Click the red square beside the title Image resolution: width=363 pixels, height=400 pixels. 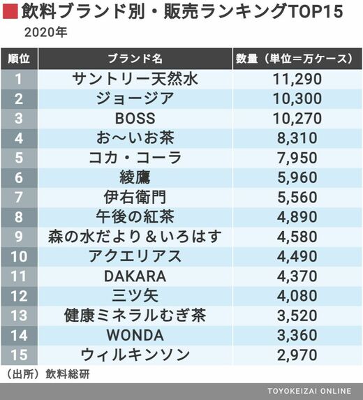click(x=10, y=11)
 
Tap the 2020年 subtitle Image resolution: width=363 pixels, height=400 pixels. click(x=45, y=33)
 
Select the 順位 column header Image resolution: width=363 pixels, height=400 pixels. click(x=19, y=59)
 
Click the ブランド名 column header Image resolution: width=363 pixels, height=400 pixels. click(x=135, y=59)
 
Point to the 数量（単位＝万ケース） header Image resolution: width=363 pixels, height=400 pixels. click(x=297, y=59)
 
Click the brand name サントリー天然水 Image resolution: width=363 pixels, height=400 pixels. click(x=135, y=79)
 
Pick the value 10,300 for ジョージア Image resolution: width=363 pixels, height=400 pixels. click(x=297, y=98)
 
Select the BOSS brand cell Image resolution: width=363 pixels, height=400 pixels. click(x=135, y=119)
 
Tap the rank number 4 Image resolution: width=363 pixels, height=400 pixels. click(x=19, y=138)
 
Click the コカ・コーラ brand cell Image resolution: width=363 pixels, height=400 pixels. click(x=135, y=158)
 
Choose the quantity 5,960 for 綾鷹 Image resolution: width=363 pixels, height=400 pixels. click(x=297, y=177)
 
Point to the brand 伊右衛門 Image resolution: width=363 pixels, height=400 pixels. click(x=135, y=197)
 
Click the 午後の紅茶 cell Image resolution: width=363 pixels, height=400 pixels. click(x=135, y=217)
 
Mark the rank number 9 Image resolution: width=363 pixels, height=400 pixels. click(x=19, y=237)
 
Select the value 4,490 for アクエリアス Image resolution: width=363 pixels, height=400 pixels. click(x=297, y=256)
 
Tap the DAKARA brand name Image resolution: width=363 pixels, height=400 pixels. click(x=135, y=276)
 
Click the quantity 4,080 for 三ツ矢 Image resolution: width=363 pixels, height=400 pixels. click(x=297, y=296)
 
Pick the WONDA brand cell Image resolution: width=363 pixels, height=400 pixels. click(x=135, y=335)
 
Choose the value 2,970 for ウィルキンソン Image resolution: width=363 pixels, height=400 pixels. click(x=297, y=355)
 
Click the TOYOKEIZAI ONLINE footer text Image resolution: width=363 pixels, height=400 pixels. click(x=309, y=391)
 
